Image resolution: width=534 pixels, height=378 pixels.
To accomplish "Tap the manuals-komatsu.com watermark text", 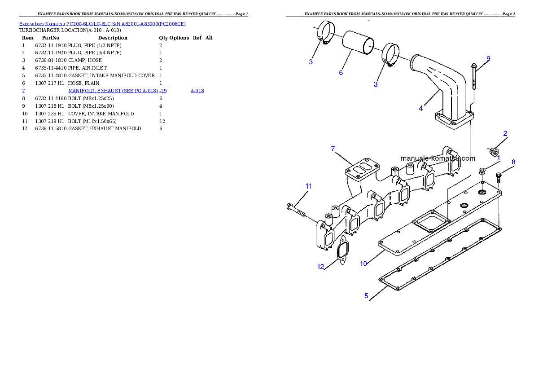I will [438, 158].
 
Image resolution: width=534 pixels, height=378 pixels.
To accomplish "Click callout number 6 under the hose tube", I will [341, 72].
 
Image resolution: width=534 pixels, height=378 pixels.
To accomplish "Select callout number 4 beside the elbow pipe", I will [420, 108].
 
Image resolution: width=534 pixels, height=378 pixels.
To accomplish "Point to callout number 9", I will [488, 58].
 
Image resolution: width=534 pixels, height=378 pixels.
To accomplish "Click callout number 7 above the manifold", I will [333, 149].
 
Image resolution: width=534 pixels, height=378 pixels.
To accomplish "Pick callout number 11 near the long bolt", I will [308, 186].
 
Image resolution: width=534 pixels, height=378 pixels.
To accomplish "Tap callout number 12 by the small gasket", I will [320, 266].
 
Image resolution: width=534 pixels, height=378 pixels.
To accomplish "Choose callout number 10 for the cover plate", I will [363, 264].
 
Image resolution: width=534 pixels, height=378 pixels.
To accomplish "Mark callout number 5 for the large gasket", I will [367, 296].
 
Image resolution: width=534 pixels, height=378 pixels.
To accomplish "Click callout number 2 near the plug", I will [505, 133].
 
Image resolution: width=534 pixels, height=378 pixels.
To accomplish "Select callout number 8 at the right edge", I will [513, 162].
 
